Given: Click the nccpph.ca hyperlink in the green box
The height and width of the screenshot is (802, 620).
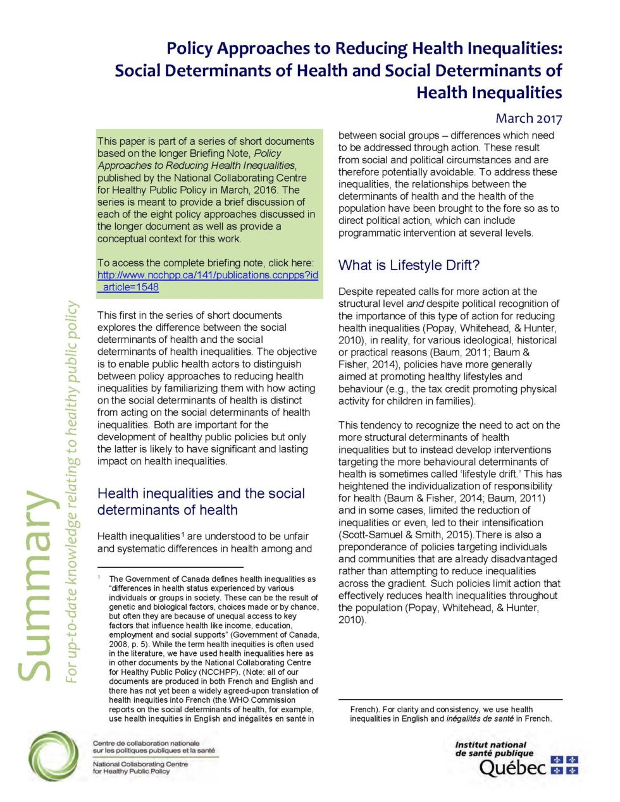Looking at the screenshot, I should pyautogui.click(x=207, y=281).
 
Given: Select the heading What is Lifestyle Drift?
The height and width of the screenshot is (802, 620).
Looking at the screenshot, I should pyautogui.click(x=409, y=265).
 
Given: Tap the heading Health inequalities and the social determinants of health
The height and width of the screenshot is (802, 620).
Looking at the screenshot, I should pyautogui.click(x=201, y=502).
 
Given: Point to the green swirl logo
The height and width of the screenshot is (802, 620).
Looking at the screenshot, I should pyautogui.click(x=53, y=756).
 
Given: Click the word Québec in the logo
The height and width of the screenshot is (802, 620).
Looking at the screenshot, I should pyautogui.click(x=512, y=768).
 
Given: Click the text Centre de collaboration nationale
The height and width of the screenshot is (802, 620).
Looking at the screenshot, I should pyautogui.click(x=146, y=743).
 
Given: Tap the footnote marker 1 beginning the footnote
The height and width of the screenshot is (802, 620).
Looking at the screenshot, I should pyautogui.click(x=99, y=577).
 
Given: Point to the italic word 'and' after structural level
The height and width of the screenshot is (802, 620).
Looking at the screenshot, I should pyautogui.click(x=415, y=304).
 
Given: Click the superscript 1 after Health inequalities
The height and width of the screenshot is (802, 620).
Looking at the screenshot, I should pyautogui.click(x=182, y=533).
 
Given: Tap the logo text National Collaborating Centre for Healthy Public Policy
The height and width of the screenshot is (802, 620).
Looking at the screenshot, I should pyautogui.click(x=140, y=767).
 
